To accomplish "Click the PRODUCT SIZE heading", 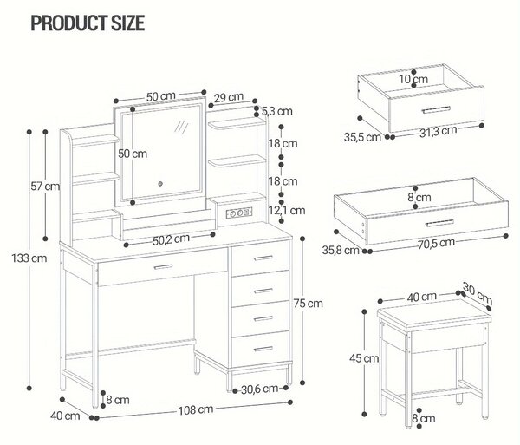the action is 88,23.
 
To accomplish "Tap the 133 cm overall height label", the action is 29,258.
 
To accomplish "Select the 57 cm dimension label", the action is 45,187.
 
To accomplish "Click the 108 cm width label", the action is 196,409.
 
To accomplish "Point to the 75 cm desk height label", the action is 308,304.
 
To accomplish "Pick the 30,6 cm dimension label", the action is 260,389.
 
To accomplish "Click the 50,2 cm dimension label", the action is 171,239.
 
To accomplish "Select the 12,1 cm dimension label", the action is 287,210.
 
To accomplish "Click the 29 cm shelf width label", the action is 229,97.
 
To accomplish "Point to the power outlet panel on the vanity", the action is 239,213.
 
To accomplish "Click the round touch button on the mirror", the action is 160,184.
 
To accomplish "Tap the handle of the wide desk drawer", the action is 164,266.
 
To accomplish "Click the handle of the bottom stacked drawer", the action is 263,349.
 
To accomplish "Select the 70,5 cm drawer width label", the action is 436,243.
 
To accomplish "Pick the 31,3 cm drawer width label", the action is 439,132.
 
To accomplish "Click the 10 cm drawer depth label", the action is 413,79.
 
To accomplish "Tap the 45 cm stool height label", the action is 364,358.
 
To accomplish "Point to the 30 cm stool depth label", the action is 478,293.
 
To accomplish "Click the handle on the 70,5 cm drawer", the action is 439,223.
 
